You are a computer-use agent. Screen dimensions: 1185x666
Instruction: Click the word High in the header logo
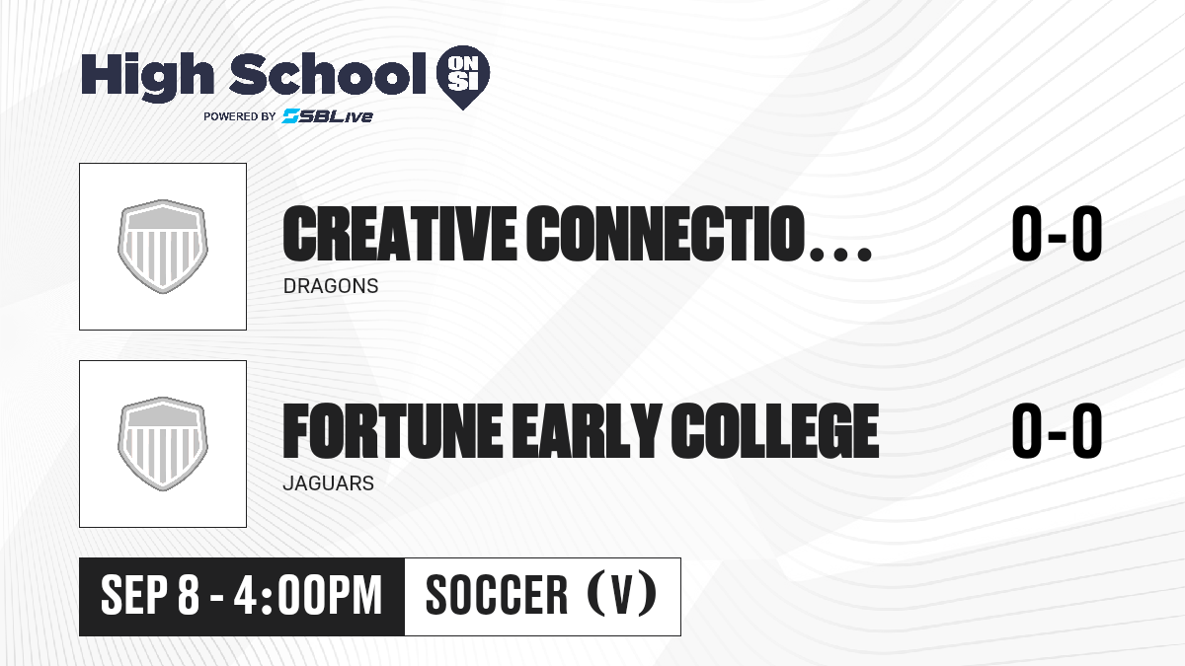(147, 77)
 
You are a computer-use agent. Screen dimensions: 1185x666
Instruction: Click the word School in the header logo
(328, 74)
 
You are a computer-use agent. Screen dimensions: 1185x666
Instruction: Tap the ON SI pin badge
(463, 77)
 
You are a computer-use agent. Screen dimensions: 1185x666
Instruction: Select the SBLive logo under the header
(328, 116)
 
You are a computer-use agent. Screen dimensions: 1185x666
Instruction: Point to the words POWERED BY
(240, 116)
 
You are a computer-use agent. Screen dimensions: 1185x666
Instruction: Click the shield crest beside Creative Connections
(163, 247)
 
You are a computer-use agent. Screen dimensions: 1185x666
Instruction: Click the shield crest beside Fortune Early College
(163, 444)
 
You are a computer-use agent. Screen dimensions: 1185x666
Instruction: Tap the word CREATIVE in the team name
(399, 234)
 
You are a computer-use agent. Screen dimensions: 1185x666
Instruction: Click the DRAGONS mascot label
(331, 286)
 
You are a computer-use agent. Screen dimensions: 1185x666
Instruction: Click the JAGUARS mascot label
(329, 483)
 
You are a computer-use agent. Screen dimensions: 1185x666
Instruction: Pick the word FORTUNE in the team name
(393, 431)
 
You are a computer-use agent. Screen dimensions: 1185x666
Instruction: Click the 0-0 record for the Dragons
(1057, 234)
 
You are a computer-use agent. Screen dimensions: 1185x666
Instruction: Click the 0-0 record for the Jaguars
(1057, 431)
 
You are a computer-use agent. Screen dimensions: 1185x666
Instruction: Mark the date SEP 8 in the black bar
(150, 595)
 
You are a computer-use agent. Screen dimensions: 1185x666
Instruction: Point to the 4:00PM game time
(308, 595)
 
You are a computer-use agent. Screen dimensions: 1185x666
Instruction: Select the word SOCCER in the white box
(497, 595)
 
